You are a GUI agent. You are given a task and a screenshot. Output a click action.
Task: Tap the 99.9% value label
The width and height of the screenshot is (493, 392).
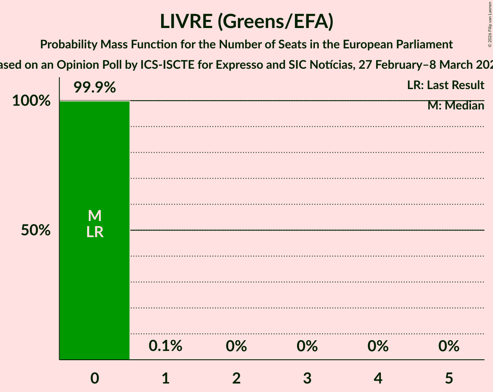coord(94,88)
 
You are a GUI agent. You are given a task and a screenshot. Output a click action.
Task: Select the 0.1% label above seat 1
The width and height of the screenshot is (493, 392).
coord(165,346)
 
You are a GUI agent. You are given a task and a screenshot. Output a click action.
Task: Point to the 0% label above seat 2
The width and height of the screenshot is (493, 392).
coord(236,346)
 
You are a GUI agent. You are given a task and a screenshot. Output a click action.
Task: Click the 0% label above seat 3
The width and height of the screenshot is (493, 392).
coord(307,346)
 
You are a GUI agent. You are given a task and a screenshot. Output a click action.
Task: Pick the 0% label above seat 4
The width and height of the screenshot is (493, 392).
coord(378,346)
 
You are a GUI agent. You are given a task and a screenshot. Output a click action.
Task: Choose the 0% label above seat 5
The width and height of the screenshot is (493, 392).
coord(449,346)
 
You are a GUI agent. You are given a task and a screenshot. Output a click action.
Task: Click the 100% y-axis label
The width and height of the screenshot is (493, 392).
coord(31,101)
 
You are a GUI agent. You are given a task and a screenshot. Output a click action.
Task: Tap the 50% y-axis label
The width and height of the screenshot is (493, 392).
coord(36,230)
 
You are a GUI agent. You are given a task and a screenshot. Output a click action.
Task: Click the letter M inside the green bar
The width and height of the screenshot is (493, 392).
coord(95,216)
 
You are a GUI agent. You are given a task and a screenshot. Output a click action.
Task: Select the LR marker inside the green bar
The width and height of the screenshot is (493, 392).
coord(95,232)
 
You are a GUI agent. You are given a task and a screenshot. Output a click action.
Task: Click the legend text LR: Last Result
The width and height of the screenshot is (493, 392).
coord(445,85)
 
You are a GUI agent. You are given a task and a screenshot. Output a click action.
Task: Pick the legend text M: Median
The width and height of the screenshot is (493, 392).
coord(456,106)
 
